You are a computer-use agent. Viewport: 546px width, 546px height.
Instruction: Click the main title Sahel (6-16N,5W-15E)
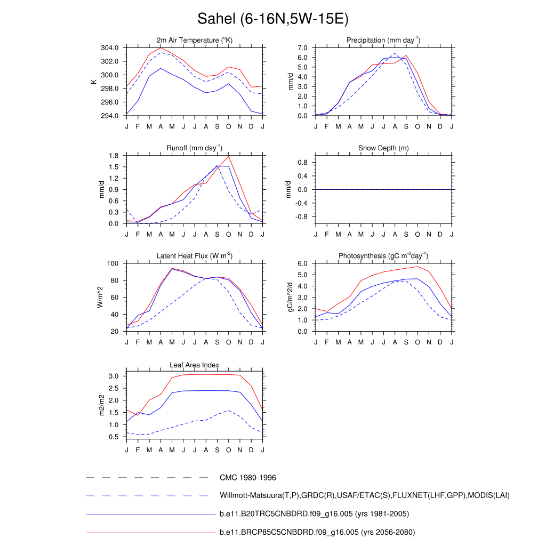click(272, 19)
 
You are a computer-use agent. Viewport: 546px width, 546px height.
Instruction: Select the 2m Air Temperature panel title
click(195, 41)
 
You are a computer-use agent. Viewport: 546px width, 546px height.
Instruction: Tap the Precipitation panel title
click(383, 41)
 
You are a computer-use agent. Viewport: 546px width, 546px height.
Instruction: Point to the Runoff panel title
click(195, 148)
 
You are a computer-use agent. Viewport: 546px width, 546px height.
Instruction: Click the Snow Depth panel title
click(383, 148)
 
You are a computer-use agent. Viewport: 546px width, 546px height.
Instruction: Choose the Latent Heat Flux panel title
click(195, 256)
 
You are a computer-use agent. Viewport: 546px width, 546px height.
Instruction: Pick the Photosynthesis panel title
click(383, 256)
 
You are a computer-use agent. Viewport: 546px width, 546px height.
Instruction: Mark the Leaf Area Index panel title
click(195, 365)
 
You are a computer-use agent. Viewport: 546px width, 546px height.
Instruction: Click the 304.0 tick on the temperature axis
click(111, 48)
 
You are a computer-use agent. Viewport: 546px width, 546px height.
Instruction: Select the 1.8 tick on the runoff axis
click(113, 156)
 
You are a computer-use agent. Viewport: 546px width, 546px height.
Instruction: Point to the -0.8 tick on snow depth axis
click(302, 217)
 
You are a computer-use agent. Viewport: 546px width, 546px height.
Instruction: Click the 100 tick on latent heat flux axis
click(113, 263)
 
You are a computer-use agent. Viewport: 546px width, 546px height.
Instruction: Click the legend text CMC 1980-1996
click(247, 478)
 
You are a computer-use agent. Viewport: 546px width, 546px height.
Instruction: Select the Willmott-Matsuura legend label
click(364, 496)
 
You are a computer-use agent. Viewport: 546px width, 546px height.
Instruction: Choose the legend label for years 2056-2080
click(317, 532)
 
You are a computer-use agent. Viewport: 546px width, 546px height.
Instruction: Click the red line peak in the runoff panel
click(229, 156)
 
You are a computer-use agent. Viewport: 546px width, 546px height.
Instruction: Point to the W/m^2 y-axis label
click(100, 298)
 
